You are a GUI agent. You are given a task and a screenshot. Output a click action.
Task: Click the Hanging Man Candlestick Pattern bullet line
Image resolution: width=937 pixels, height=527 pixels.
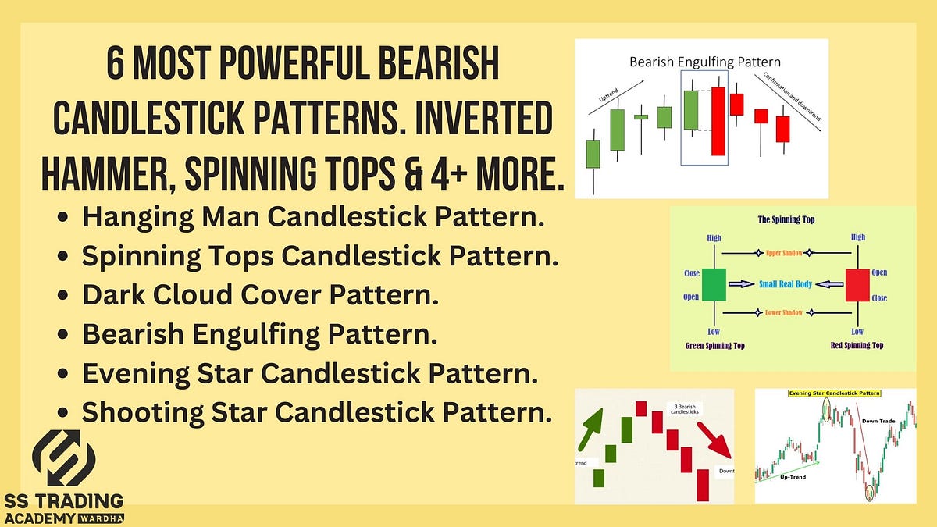coord(312,218)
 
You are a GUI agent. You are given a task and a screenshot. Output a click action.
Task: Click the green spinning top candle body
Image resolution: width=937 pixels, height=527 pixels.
coord(713,284)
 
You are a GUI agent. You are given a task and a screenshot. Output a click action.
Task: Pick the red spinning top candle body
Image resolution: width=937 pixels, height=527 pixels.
coord(857,284)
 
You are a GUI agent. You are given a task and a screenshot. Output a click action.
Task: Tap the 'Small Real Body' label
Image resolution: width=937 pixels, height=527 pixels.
coord(786,285)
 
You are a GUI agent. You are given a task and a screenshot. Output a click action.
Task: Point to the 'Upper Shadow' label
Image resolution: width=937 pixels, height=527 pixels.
coord(785,253)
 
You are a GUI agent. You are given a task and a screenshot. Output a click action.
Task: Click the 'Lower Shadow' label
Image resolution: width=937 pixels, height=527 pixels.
coord(785,313)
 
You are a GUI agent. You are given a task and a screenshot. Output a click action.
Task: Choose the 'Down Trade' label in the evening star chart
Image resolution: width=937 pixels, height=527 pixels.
coord(878,420)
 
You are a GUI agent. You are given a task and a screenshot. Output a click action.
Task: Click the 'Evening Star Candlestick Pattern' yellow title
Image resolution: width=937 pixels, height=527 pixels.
coord(834,393)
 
